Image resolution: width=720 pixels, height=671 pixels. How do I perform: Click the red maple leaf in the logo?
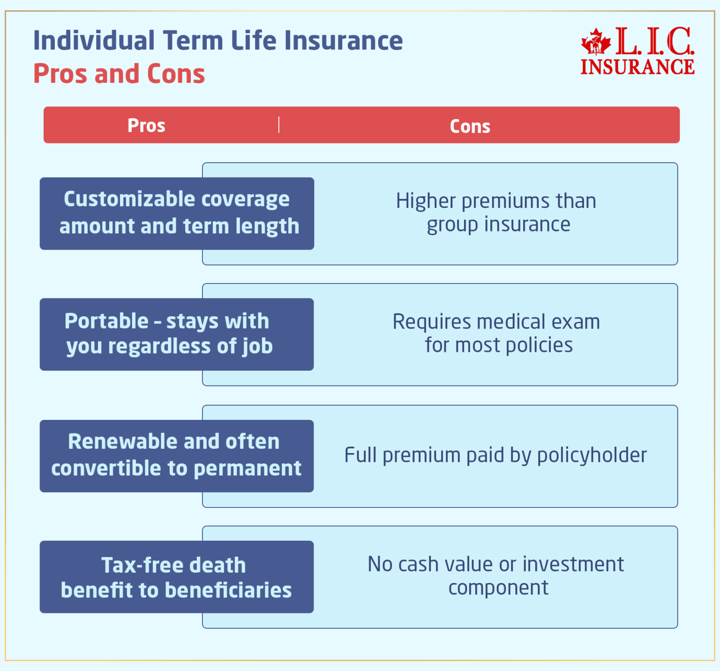596,42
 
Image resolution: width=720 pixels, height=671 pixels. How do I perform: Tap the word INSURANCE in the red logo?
637,67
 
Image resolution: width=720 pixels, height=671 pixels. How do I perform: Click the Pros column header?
146,126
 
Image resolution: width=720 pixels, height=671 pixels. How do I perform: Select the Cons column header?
470,127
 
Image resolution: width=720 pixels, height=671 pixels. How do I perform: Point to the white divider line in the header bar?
279,125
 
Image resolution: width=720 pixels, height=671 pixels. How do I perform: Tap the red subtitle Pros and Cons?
119,74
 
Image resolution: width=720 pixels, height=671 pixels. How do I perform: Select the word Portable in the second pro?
106,321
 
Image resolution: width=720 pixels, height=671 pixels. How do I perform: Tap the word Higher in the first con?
426,201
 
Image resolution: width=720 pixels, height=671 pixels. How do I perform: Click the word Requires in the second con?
432,322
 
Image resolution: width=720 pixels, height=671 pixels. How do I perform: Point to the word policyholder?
592,455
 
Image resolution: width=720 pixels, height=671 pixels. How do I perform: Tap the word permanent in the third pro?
247,469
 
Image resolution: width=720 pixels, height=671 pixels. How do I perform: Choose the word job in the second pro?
258,347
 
